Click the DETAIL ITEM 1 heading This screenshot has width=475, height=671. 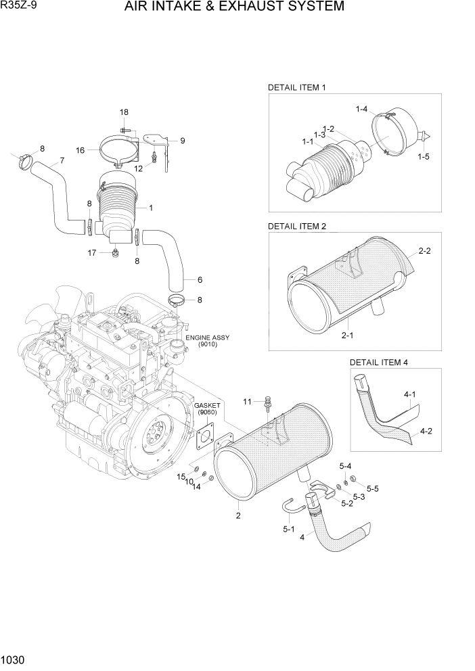(298, 87)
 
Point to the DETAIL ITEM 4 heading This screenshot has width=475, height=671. (379, 362)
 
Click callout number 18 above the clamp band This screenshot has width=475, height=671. (124, 112)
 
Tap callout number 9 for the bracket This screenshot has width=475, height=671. (182, 141)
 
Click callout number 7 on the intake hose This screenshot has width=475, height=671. (62, 160)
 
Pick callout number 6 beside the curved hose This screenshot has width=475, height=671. (200, 279)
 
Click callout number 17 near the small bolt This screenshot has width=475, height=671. (92, 253)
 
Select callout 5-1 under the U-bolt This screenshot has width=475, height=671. (289, 530)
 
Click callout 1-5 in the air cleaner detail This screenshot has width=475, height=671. (424, 156)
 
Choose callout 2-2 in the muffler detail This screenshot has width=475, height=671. (425, 251)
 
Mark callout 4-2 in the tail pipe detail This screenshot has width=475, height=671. (427, 430)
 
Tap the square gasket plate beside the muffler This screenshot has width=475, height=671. (204, 436)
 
